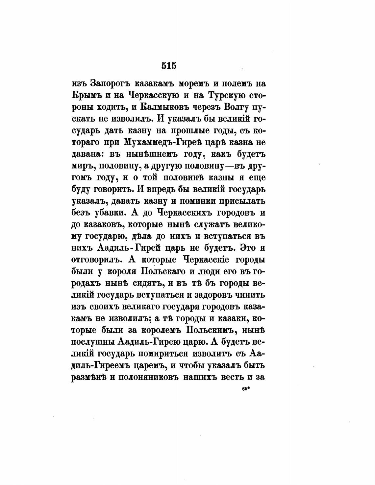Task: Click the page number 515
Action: click(169, 66)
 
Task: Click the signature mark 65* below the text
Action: click(245, 388)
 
